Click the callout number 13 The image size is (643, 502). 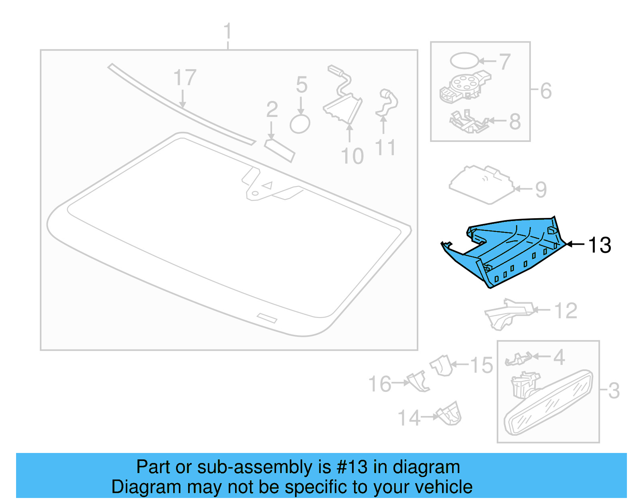click(x=599, y=245)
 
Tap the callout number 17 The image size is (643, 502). click(x=185, y=78)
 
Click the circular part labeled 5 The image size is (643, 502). click(x=300, y=124)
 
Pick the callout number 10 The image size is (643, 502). click(x=352, y=156)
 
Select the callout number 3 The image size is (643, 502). click(x=614, y=391)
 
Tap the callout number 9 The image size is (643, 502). click(x=541, y=189)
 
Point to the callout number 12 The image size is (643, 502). click(x=565, y=311)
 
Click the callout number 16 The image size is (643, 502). click(x=380, y=384)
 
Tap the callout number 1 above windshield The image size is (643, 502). click(x=227, y=31)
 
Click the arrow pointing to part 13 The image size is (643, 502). click(x=575, y=244)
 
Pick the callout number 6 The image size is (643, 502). click(x=546, y=91)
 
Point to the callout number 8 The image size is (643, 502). click(x=515, y=121)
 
